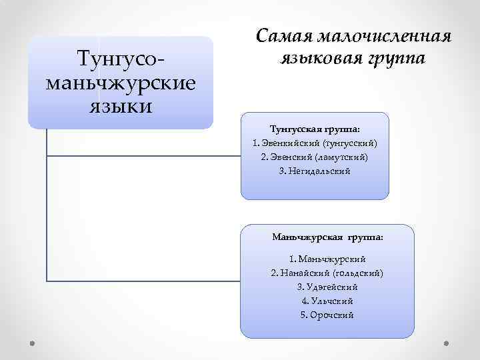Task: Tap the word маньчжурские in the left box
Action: coord(121,83)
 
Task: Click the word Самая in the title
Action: coord(287,35)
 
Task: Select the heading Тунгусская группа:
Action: coord(314,128)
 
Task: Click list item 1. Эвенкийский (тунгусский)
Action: coord(314,143)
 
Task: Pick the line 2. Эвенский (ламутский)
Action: coord(314,157)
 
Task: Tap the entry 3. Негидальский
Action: coord(314,171)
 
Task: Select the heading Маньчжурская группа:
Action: coord(327,237)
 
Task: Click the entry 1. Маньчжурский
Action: coord(327,259)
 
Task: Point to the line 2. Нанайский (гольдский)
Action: coord(327,273)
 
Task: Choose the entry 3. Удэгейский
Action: coord(327,287)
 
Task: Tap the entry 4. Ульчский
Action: coord(327,301)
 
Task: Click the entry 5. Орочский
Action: coord(327,315)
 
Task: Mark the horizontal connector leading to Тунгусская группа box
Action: coord(143,156)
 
